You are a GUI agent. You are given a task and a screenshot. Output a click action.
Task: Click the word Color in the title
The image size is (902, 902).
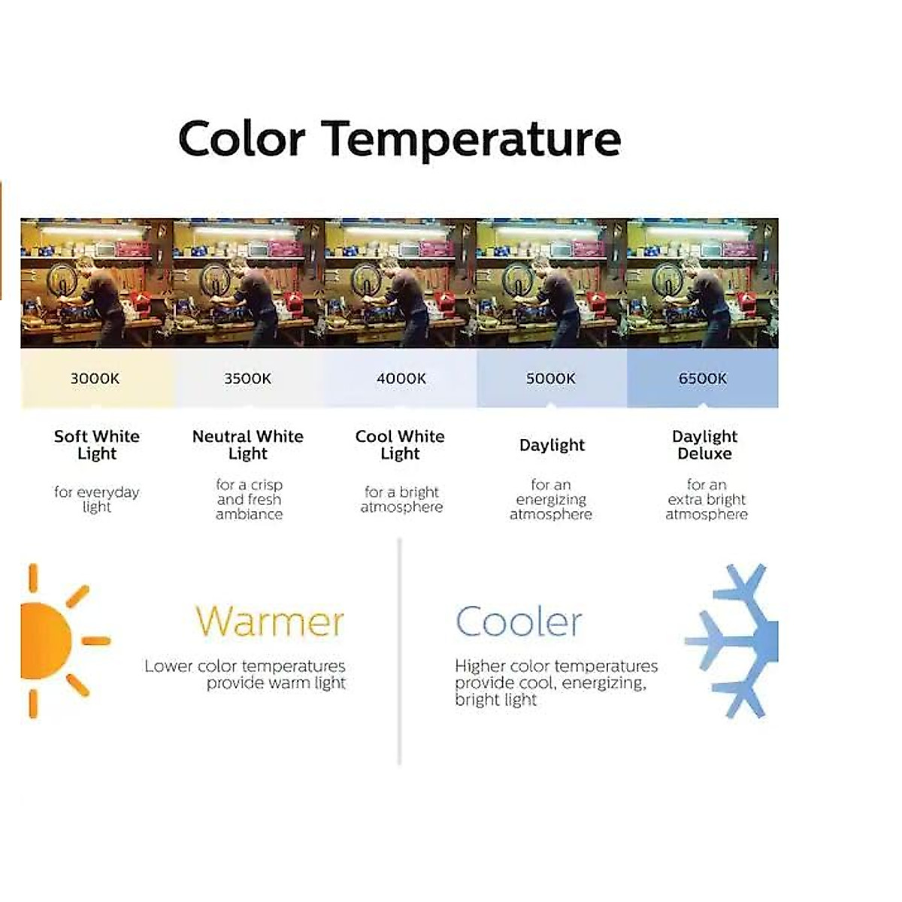242,138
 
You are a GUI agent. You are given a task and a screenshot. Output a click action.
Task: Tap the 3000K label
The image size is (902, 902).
95,379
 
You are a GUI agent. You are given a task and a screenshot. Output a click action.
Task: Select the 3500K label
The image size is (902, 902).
247,379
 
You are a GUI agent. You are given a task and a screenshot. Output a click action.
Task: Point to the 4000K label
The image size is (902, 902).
401,379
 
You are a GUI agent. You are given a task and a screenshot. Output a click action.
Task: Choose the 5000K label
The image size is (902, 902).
551,379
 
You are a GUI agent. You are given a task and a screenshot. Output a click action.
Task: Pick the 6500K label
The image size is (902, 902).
703,379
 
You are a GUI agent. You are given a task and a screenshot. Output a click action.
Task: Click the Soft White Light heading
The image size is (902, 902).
97,445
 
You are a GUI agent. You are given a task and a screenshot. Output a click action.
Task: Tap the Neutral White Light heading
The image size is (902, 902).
248,445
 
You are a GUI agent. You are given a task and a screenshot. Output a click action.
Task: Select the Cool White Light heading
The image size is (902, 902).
400,445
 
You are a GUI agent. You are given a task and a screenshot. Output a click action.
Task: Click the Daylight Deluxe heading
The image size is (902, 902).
705,445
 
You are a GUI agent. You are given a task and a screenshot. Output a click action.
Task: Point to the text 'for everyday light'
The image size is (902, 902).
97,499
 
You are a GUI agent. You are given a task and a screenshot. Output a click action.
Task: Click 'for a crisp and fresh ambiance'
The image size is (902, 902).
250,499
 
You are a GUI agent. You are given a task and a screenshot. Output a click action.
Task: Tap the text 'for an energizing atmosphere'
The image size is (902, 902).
551,499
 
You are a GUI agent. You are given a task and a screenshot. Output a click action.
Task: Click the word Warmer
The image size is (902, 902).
270,622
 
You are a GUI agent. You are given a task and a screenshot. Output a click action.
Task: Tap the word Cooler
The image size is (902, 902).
519,622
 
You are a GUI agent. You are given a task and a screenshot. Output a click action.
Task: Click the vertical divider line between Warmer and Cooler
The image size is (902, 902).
399,652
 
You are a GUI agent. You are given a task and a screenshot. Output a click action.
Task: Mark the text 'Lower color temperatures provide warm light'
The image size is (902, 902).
245,674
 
